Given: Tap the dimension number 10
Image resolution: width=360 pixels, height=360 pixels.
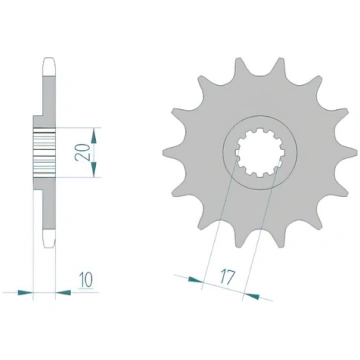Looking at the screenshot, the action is click(86, 280).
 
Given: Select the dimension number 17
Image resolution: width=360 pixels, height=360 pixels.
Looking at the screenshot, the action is click(228, 277).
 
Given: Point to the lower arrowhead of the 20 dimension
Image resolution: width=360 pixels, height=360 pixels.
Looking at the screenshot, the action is click(94, 169).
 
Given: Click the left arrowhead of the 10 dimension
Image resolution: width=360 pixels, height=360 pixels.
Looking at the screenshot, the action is click(25, 293).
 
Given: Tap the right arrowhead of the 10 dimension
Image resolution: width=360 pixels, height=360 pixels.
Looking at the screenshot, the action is click(63, 293).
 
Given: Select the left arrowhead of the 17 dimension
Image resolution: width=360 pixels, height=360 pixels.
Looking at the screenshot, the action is click(195, 280).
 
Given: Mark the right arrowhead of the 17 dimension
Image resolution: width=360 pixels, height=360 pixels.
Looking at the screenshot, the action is click(251, 295).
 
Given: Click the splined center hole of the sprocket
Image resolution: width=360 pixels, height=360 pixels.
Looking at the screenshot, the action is click(260, 153).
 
